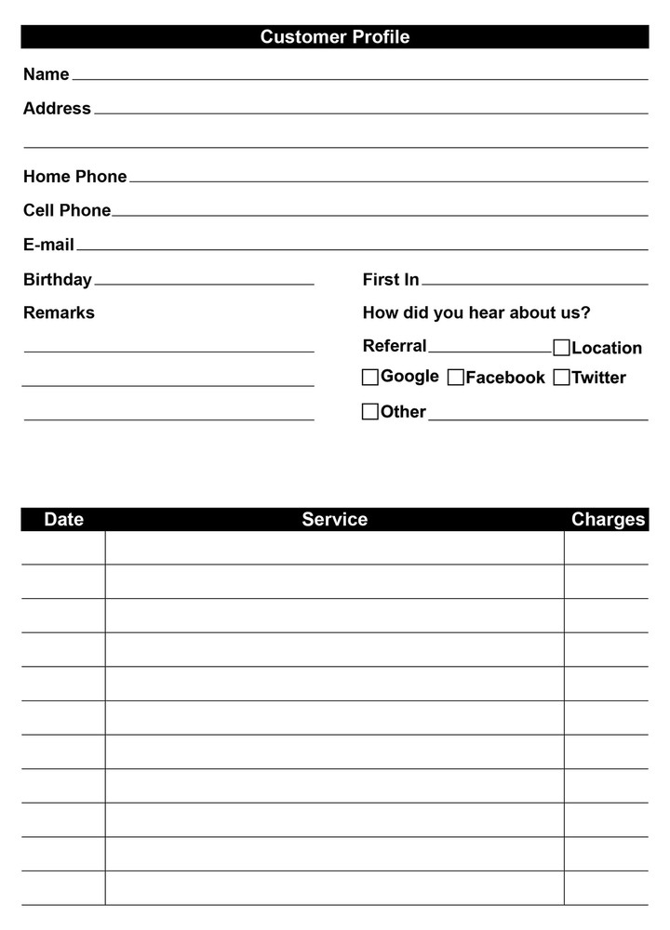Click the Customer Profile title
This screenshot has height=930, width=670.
[335, 37]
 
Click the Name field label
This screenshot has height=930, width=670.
[47, 74]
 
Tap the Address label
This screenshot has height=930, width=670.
[57, 109]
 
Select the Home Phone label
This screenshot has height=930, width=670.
[74, 177]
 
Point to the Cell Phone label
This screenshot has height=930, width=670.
[67, 210]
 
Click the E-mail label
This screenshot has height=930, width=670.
[48, 245]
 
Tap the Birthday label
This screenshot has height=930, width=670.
[58, 279]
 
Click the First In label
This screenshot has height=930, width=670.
[391, 279]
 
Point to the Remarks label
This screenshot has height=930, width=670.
[59, 312]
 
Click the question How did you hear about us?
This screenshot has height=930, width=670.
[476, 312]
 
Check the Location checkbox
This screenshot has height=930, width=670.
[561, 348]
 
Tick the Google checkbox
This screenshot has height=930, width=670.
[370, 377]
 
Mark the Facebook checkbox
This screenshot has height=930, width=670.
[456, 377]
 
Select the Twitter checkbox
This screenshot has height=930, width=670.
[561, 377]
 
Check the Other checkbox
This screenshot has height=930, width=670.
[370, 411]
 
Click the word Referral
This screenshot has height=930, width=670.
[395, 346]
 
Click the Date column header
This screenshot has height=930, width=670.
[63, 519]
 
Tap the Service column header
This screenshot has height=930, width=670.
[334, 519]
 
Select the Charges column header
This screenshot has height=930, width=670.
[608, 519]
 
